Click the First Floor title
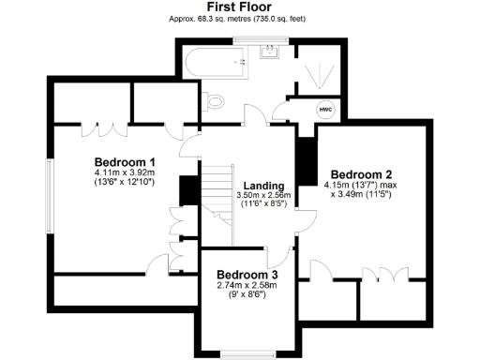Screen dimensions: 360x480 pyautogui.click(x=239, y=7)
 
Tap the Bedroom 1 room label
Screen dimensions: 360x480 pyautogui.click(x=125, y=162)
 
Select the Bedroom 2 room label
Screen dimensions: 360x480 pyautogui.click(x=361, y=174)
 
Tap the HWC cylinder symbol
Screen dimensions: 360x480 pyautogui.click(x=326, y=109)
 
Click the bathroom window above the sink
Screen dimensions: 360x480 pyautogui.click(x=262, y=37)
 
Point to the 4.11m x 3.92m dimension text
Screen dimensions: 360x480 pyautogui.click(x=125, y=172)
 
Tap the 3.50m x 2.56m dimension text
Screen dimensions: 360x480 pyautogui.click(x=264, y=195)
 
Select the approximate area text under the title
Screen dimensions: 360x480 pyautogui.click(x=239, y=18)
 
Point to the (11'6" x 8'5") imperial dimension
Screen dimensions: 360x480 pyautogui.click(x=264, y=203)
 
